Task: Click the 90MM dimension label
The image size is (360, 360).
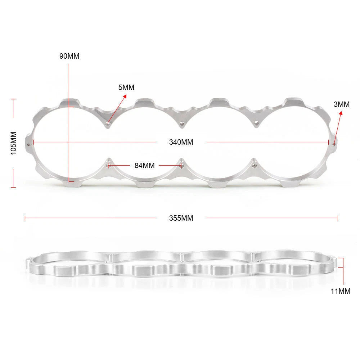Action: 69,56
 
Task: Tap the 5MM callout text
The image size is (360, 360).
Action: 126,87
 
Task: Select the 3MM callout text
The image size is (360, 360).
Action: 342,104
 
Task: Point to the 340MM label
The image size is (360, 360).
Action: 181,142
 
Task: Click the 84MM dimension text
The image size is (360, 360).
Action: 145,166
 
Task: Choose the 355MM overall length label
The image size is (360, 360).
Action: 181,218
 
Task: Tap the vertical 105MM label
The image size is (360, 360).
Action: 14,143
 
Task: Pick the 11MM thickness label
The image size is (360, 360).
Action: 341,291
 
